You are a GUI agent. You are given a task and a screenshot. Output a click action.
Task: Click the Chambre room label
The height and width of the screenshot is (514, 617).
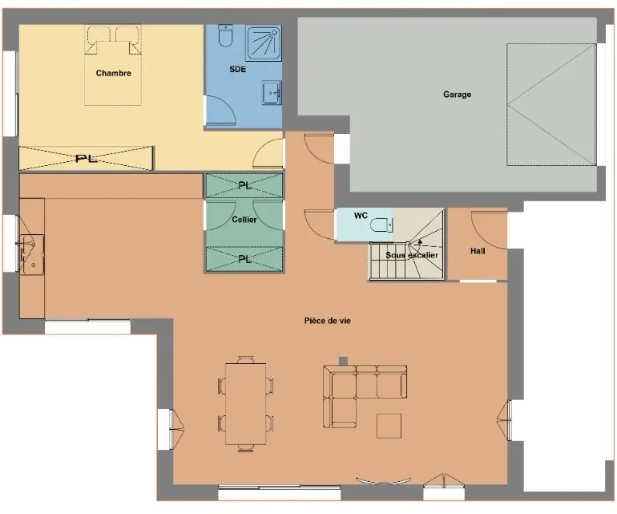113,73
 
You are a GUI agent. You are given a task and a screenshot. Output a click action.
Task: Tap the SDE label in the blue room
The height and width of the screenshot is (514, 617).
238,69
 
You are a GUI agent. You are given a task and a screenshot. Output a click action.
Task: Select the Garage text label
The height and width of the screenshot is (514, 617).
457,94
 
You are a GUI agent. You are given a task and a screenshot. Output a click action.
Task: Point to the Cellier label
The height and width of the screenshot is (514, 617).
244,220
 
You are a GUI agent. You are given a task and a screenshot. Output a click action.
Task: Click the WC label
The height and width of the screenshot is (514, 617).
361,216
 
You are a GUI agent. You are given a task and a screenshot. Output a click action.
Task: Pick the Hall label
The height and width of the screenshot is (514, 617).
478,251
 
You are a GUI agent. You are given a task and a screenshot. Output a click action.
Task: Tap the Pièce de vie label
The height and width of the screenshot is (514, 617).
328,321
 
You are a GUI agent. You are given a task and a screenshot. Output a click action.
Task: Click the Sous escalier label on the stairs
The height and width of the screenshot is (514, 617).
412,255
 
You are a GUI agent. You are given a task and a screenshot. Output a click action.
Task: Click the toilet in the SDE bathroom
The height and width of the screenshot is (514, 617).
226,35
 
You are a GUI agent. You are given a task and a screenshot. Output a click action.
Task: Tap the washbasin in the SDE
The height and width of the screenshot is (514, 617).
272,93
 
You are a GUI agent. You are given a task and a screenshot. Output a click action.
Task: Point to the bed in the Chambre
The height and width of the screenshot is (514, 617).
113,66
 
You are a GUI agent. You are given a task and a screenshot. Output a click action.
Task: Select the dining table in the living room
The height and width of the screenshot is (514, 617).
245,404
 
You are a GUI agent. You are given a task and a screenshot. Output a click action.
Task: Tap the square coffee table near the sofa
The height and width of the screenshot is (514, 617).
389,426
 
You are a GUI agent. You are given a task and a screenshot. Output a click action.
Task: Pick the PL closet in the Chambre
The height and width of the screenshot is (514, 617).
87,158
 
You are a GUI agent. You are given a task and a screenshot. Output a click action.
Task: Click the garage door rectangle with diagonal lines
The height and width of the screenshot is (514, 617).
551,105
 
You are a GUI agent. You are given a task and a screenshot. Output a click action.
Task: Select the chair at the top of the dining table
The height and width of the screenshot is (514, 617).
245,359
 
